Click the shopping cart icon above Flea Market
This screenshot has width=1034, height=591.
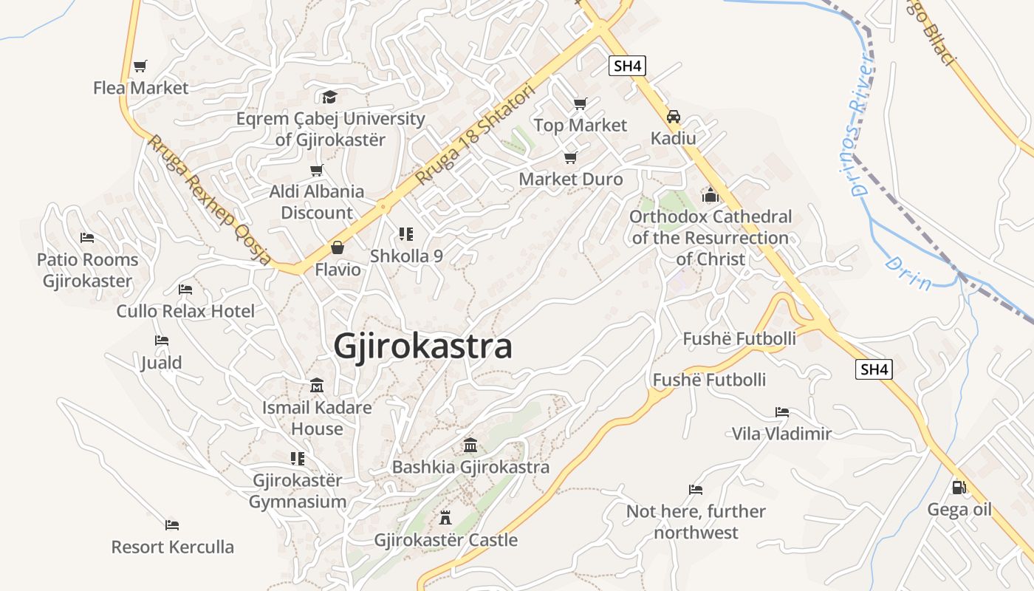(140, 66)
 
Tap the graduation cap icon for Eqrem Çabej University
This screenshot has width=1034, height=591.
(329, 97)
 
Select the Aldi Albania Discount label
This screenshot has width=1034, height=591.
(317, 202)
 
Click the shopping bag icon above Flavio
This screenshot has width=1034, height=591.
(338, 247)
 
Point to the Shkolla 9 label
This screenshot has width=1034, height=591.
(406, 256)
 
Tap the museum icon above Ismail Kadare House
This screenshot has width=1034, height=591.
(317, 386)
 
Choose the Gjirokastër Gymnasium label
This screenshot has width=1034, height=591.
(298, 491)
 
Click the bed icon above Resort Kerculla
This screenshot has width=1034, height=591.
(172, 525)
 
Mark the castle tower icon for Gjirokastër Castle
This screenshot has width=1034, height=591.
(445, 517)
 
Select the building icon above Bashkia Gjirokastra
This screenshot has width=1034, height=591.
(470, 445)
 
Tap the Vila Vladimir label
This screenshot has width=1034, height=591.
(781, 434)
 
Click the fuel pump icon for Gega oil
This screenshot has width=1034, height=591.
(959, 488)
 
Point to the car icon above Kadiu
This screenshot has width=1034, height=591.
(674, 117)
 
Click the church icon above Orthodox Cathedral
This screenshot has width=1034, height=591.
(711, 195)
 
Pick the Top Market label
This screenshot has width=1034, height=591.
(580, 126)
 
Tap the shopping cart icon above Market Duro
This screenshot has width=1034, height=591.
(570, 157)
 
